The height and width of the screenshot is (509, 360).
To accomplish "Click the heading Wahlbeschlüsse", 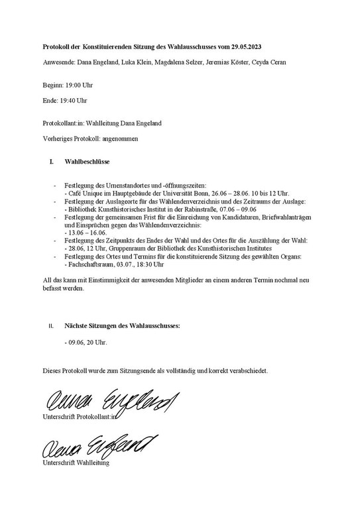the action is (87, 161).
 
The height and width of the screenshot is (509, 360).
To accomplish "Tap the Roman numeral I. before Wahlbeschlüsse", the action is (52, 161).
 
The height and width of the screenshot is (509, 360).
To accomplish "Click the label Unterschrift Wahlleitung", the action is (76, 462).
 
